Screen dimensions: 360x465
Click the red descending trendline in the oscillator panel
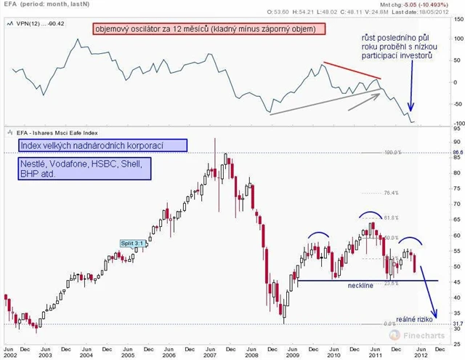(x=352, y=71)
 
